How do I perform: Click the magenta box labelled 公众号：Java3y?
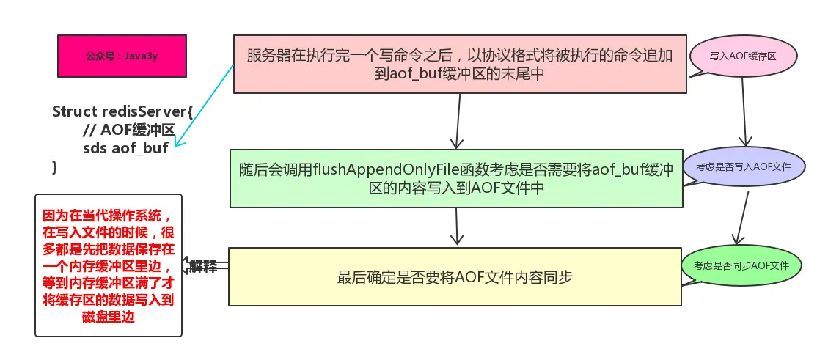(x=117, y=56)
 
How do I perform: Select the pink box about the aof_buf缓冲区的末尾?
(x=460, y=64)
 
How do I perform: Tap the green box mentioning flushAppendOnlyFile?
(x=455, y=178)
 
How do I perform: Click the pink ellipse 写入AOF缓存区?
(x=743, y=56)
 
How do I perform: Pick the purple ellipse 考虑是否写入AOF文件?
(x=743, y=167)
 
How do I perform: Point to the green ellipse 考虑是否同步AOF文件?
(x=741, y=265)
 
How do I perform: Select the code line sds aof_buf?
(x=125, y=148)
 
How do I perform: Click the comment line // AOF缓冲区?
(x=128, y=130)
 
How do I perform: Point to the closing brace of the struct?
(x=54, y=167)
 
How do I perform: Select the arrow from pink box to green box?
(x=457, y=121)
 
